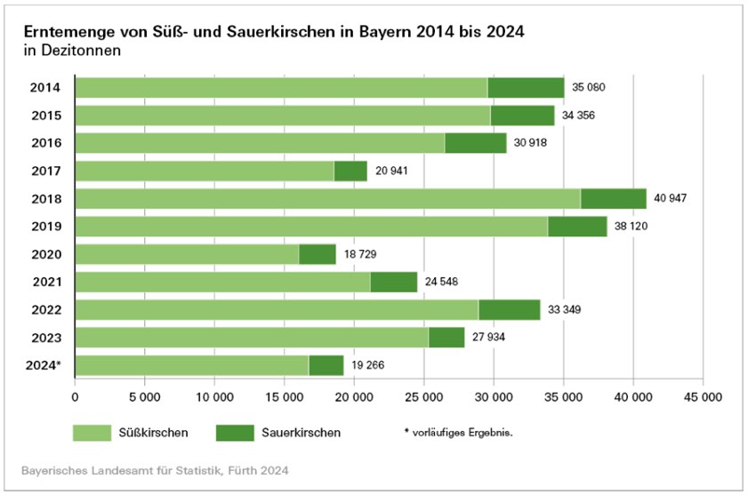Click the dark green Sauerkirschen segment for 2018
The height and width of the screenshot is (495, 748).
pos(614,198)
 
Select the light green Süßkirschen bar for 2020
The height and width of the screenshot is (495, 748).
pos(187,254)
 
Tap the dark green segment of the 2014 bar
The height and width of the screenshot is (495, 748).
pos(526,87)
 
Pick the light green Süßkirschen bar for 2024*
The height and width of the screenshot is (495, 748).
pos(192,365)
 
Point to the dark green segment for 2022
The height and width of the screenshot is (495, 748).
pos(509,309)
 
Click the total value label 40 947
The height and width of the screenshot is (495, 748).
pos(672,198)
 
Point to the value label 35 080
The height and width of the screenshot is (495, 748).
pos(590,87)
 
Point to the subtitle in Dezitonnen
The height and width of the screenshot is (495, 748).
pos(71,51)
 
